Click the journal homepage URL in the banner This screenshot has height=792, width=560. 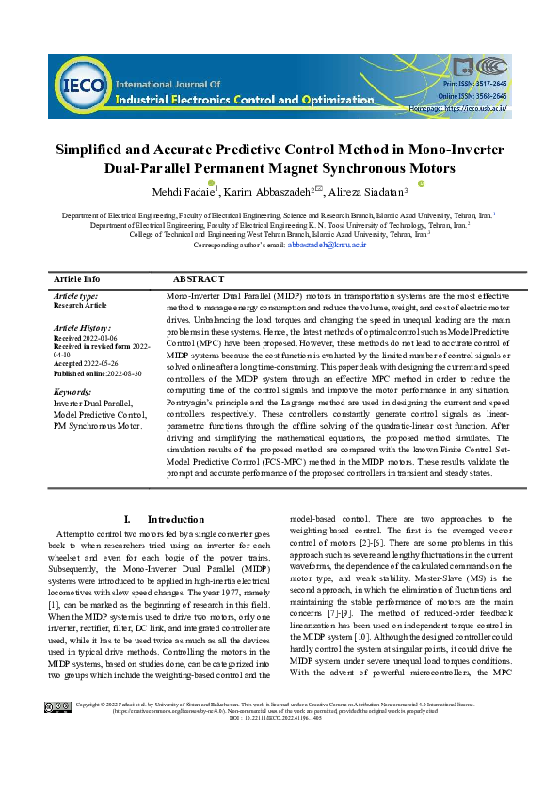pos(475,109)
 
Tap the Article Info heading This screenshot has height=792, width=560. pos(77,279)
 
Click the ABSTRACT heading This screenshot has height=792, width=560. pos(198,279)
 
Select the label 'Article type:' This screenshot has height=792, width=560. pos(76,296)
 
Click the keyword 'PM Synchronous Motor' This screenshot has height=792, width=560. pos(97,425)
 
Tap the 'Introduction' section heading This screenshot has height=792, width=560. pos(175,519)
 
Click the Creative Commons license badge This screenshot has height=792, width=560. pos(58,759)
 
